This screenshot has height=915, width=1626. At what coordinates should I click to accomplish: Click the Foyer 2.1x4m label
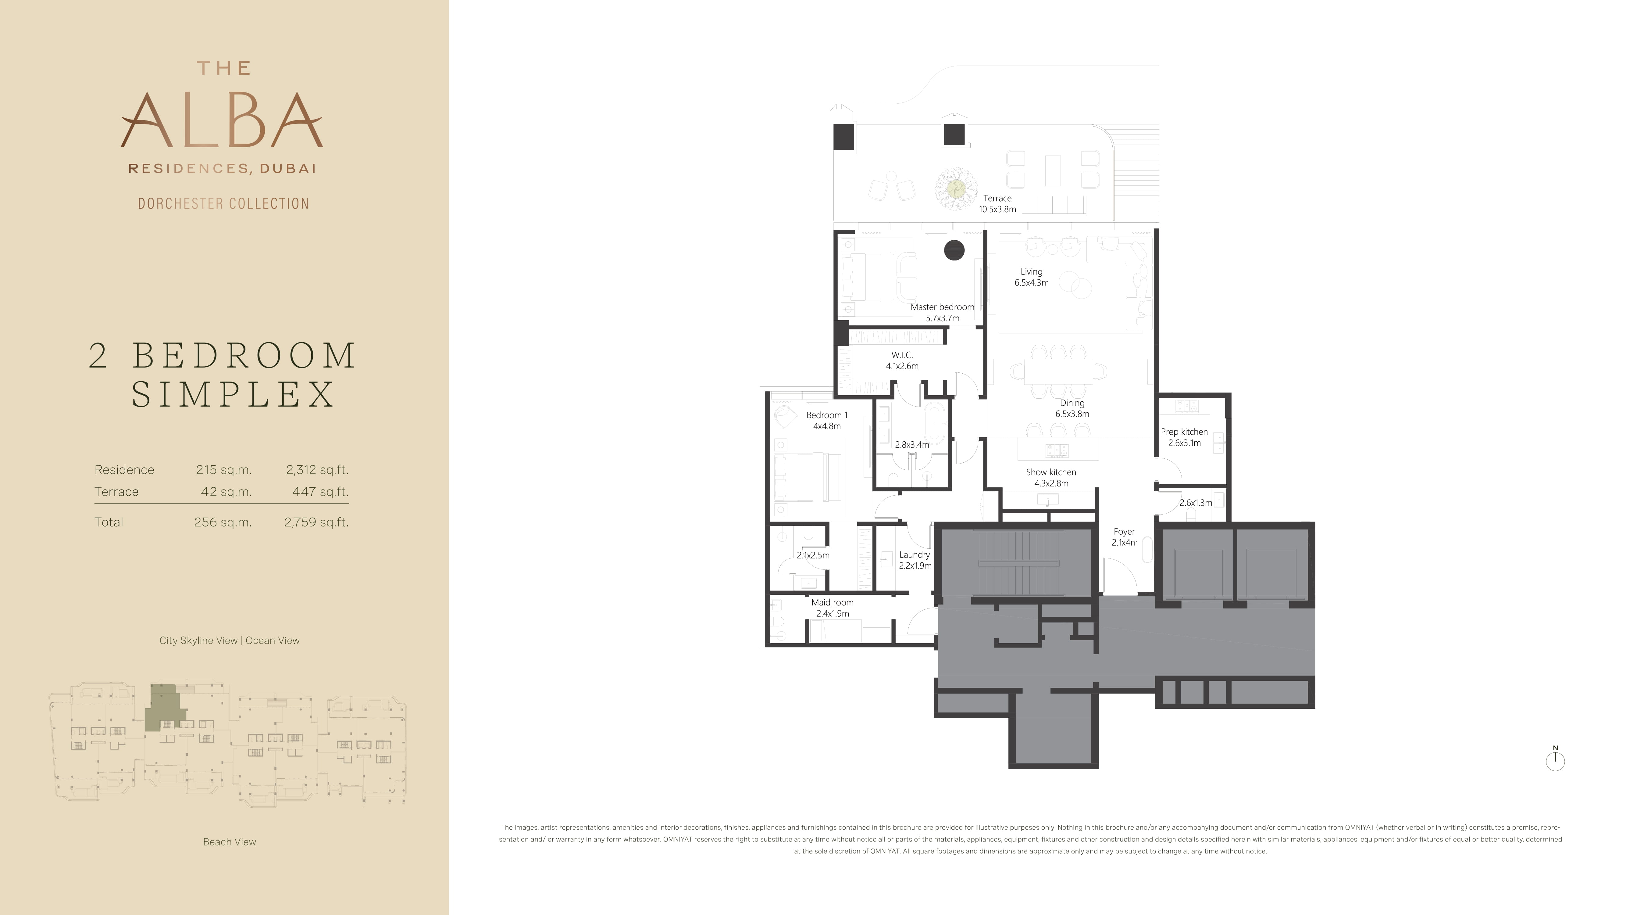[1124, 537]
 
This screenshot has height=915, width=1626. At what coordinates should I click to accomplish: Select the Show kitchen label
[1051, 477]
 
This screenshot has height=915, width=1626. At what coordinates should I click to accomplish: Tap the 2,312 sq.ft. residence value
[317, 470]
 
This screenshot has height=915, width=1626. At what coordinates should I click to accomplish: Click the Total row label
[109, 522]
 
